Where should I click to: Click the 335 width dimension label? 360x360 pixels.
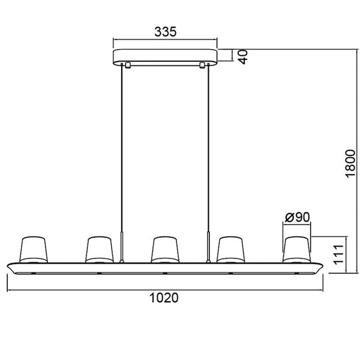coord(166,32)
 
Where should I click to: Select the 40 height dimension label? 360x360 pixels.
coord(244,56)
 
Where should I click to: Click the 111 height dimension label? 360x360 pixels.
coord(338,254)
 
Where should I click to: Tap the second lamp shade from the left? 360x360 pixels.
coord(98,249)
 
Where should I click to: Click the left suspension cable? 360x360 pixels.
coord(124,150)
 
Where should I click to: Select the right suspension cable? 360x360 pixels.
coord(208,150)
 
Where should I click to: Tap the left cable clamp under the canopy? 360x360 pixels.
coord(127,64)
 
